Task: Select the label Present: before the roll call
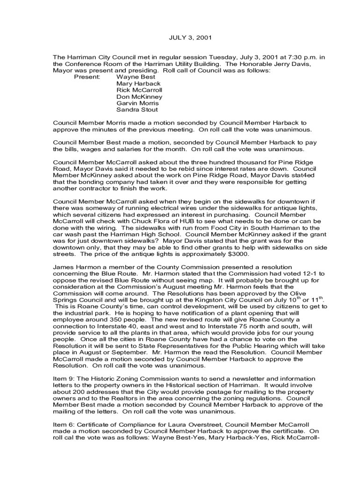(87, 76)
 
